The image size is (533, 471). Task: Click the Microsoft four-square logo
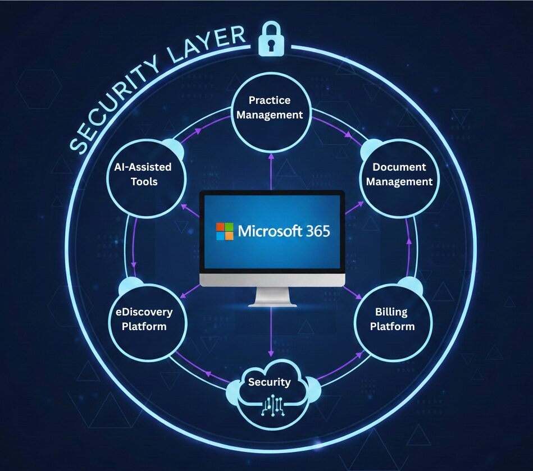coord(225,231)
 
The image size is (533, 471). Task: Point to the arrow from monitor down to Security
coord(271,331)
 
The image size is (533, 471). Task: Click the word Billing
coord(391,312)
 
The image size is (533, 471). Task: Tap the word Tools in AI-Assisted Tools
coord(144,182)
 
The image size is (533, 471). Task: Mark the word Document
coord(399,167)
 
